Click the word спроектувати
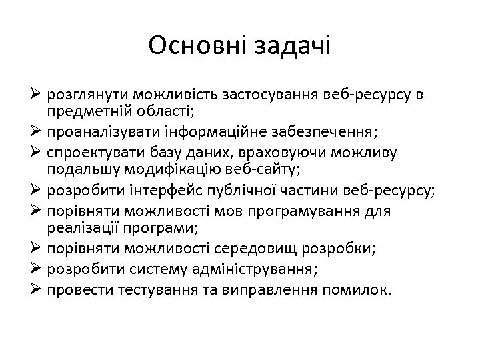pos(93,153)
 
